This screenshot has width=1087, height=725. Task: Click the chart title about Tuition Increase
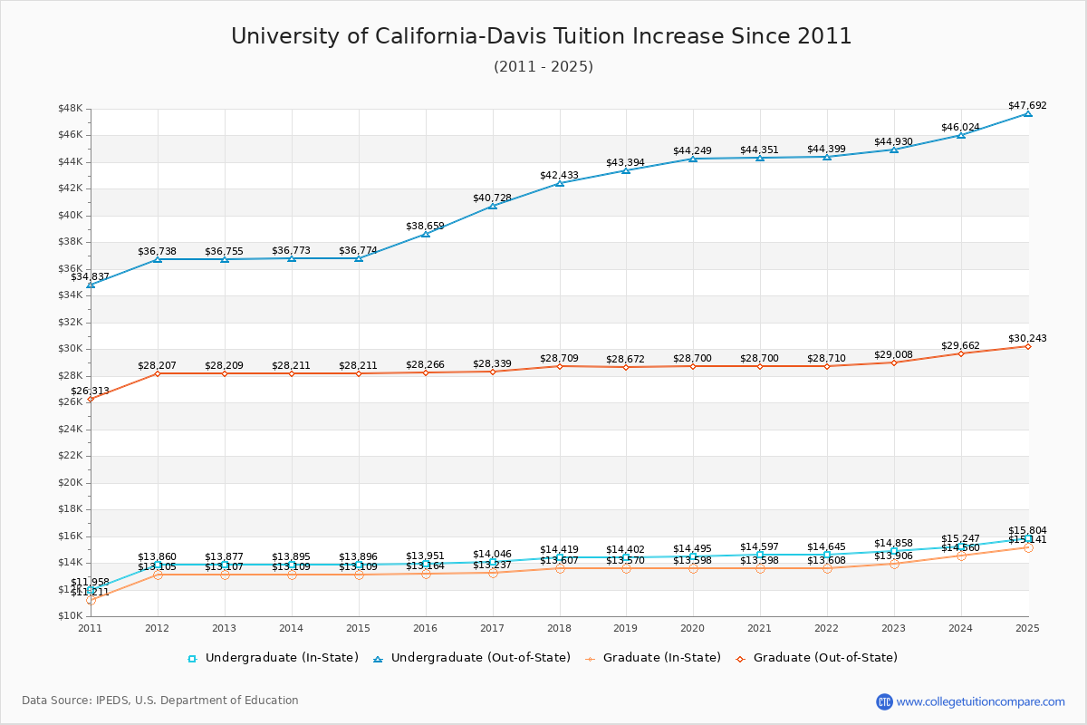click(542, 36)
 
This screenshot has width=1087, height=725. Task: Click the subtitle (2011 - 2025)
click(543, 66)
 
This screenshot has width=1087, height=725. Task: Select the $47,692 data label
click(1027, 105)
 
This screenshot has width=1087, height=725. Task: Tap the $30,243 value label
click(1027, 338)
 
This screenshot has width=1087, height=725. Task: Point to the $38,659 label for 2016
click(425, 226)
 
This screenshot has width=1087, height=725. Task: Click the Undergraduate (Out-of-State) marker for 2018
click(560, 183)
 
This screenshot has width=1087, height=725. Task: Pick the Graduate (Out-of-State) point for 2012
click(158, 373)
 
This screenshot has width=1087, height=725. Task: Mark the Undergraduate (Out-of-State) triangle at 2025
click(1028, 113)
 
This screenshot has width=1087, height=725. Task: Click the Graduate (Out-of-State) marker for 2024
click(961, 353)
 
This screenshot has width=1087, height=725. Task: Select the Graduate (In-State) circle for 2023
click(894, 564)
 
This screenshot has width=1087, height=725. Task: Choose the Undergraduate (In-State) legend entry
click(273, 658)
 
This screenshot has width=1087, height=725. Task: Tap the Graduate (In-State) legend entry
click(645, 658)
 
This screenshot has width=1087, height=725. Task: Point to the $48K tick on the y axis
click(71, 109)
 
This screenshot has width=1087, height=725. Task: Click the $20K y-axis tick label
click(71, 482)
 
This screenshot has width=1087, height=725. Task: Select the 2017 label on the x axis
click(493, 627)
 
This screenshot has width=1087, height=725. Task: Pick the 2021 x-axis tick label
click(760, 627)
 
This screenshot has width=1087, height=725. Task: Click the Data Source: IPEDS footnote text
click(160, 701)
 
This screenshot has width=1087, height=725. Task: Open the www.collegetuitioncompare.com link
click(981, 701)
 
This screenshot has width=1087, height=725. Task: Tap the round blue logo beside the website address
click(884, 701)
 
